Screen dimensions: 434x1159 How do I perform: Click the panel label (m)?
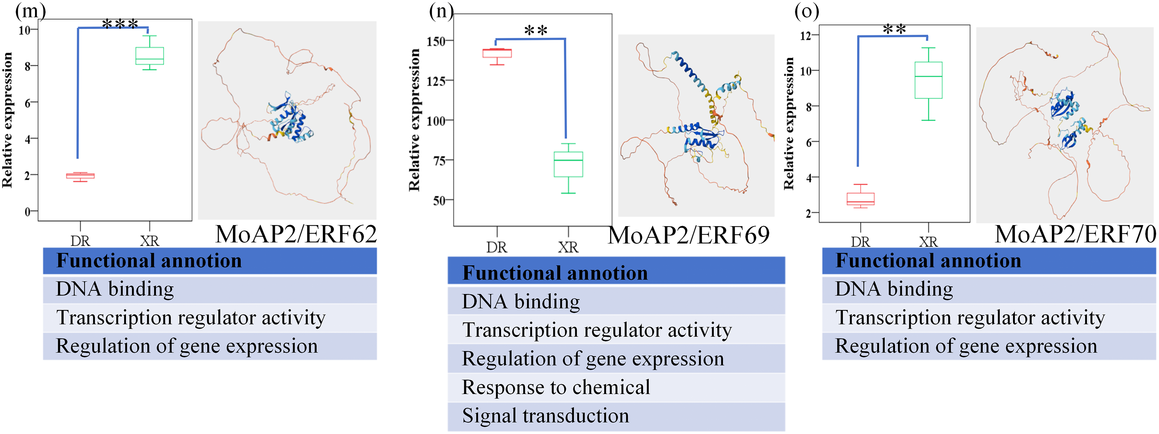30,10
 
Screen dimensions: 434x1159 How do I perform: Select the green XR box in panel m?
150,56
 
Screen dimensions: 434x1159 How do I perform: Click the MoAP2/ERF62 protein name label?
295,234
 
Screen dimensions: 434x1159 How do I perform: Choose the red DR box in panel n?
497,54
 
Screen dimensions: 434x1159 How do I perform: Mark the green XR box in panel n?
568,164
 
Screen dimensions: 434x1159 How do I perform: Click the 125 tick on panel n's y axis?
436,81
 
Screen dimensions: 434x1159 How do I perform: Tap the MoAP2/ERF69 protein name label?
688,235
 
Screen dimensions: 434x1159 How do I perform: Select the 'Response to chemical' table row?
556,387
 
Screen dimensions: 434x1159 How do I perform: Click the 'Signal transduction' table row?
545,415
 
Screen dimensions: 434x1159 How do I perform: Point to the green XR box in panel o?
928,80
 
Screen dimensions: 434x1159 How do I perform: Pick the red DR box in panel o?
860,199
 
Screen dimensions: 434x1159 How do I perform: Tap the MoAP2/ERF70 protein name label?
1075,234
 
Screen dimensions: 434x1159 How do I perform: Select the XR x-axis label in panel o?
928,242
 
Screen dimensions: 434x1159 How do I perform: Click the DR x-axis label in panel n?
497,247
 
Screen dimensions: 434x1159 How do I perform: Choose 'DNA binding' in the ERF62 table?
115,289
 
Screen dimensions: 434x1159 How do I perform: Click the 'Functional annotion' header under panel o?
928,261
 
